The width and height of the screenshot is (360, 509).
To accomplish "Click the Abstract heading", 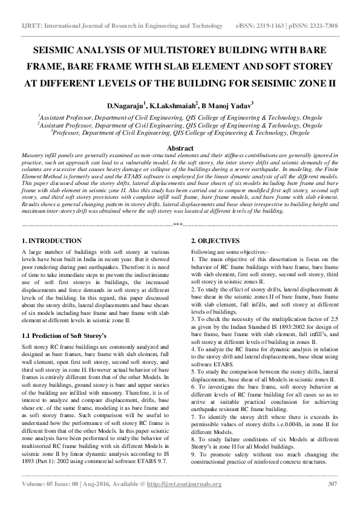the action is [180, 148].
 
